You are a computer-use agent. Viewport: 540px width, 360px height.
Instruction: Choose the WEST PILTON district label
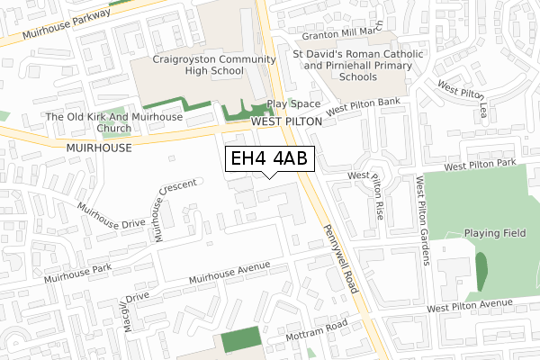point(285,121)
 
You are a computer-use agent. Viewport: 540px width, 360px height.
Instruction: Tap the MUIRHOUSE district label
point(99,147)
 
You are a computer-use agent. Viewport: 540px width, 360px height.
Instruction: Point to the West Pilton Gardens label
point(420,221)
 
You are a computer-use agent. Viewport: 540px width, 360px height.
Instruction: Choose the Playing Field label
point(495,233)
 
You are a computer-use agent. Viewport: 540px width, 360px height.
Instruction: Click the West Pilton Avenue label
point(475,308)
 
